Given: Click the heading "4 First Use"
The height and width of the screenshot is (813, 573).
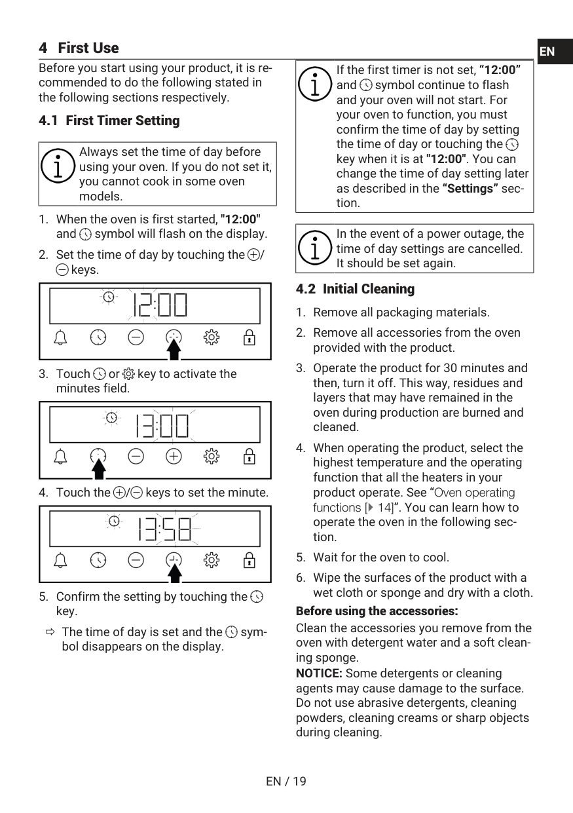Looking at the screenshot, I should coord(79,48).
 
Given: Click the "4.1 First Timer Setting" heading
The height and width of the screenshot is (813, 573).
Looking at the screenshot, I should coord(109,121).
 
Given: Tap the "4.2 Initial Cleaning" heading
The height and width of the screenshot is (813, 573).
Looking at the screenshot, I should coord(355,289).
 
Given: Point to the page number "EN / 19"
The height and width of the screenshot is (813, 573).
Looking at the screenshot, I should coord(286,781).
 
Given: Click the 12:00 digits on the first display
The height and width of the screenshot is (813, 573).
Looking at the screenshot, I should coord(160,305).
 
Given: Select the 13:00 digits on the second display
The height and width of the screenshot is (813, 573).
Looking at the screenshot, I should coord(162,426).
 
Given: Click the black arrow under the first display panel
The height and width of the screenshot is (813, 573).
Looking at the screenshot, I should coord(174,350).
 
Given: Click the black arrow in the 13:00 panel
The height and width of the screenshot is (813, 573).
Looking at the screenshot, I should coord(98,469).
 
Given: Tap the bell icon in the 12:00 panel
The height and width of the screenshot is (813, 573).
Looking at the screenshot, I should coord(60,338).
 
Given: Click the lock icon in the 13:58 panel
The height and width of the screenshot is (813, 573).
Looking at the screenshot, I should coord(249,560).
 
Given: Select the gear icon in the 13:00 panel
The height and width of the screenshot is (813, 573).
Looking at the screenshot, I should coord(211,456).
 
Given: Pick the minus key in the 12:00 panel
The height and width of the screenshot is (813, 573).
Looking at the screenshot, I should coord(136,337).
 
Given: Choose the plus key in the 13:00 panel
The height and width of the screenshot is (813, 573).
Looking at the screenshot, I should coord(174,456).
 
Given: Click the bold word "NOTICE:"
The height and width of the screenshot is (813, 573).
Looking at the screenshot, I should coord(319,673).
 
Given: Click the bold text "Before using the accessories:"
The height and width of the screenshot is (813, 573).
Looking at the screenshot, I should coord(377,611).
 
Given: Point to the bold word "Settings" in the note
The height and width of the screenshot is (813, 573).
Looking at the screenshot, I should coord(470,189).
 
